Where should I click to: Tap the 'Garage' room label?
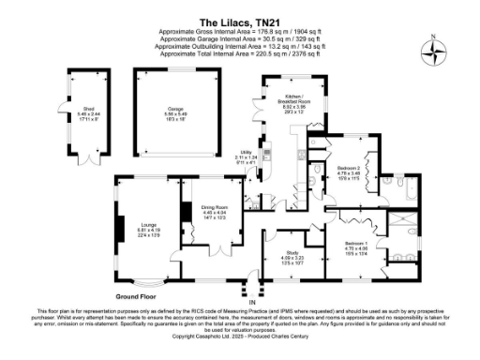click(x=174, y=108)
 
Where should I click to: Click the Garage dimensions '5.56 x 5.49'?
click(x=174, y=114)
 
